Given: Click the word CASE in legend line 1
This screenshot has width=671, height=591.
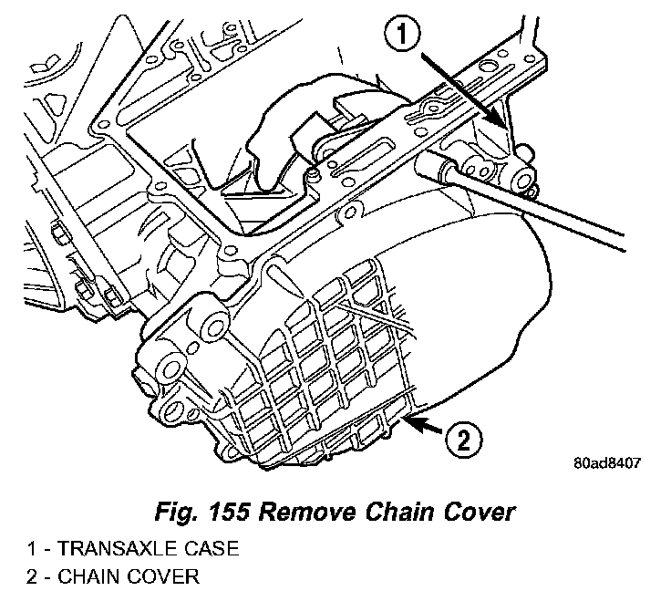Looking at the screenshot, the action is pos(188,550).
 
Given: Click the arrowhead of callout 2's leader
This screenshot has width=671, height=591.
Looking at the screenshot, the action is pos(408,419).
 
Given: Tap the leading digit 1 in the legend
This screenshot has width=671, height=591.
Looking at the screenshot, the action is pos(30,550).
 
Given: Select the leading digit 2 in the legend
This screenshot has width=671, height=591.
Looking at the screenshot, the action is pos(30,576).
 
